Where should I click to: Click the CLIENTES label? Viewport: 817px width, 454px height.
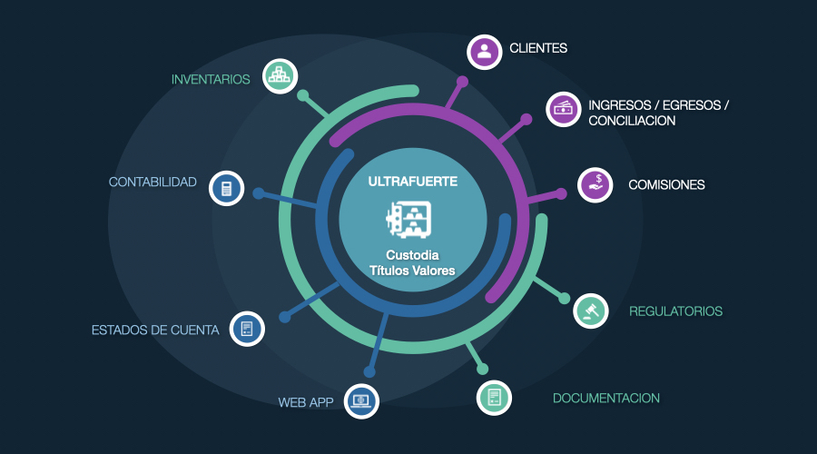pos(538,48)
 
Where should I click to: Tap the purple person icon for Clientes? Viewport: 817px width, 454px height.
pos(485,52)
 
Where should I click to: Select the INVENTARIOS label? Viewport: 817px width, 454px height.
pos(211,79)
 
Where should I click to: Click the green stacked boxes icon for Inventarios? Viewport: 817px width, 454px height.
pos(281,76)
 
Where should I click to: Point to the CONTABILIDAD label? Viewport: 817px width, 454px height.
pos(153,182)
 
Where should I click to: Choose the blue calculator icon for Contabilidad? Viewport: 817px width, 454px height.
pos(227,188)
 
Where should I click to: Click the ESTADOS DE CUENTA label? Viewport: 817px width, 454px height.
pos(155,330)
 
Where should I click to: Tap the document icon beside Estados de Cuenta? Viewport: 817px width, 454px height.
pos(247,329)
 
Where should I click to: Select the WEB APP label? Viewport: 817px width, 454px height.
pos(306,402)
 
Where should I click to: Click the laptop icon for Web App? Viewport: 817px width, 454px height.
pos(361,400)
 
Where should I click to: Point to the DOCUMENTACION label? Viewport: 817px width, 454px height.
pos(606,398)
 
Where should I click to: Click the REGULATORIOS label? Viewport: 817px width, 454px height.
pos(675,311)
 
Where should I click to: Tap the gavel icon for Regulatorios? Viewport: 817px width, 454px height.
pos(591,311)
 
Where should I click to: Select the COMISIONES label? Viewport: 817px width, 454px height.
pos(666,185)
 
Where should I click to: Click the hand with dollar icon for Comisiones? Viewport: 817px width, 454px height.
pos(596,185)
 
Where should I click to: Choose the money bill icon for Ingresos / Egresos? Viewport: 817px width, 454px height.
pos(563,108)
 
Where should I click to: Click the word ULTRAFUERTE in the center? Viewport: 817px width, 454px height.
pos(413,181)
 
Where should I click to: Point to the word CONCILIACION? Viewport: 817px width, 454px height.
pos(632,121)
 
